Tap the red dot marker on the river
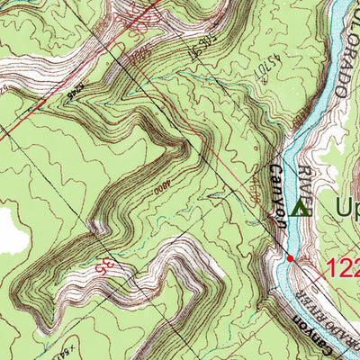point(290,258)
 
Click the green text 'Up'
point(346,209)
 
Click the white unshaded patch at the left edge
point(11,229)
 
